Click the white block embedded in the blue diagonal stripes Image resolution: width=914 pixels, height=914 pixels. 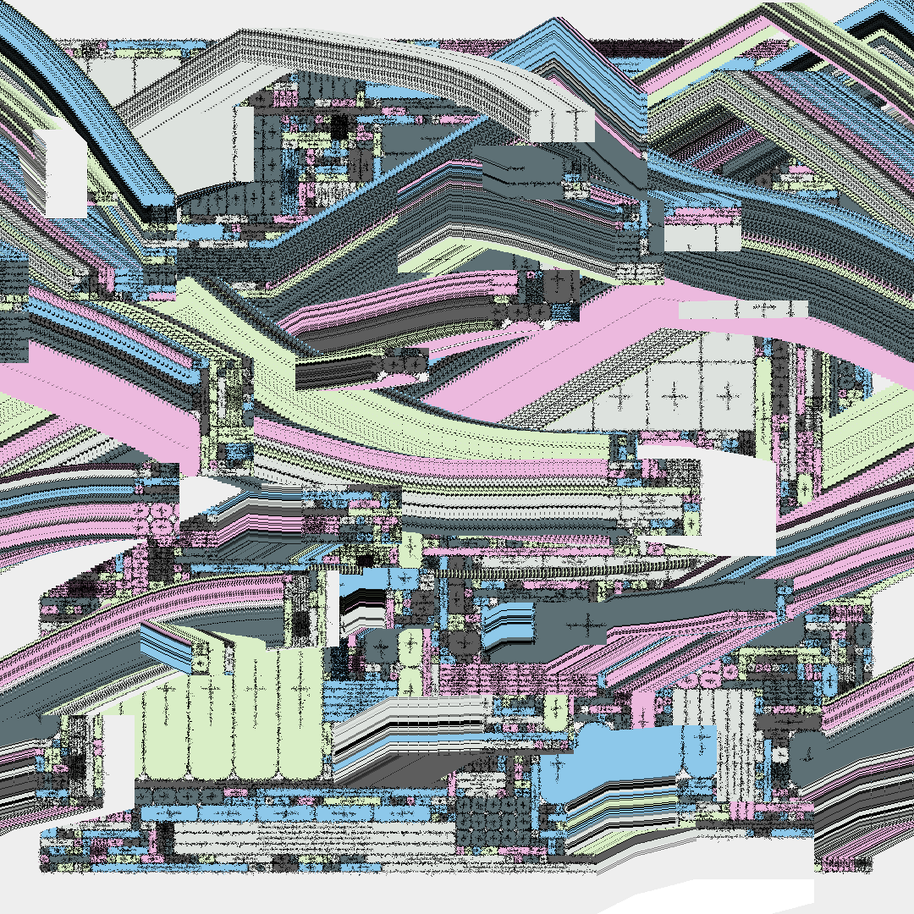[66, 173]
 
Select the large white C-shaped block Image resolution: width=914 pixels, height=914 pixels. [719, 499]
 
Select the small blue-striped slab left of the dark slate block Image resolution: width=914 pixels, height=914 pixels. [508, 624]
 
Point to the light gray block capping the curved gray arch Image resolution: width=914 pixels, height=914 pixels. [563, 124]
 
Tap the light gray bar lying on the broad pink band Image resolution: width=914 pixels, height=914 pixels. [743, 310]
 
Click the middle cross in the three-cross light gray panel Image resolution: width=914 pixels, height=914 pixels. [674, 394]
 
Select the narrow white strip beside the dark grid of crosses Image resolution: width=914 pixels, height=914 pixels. [245, 144]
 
